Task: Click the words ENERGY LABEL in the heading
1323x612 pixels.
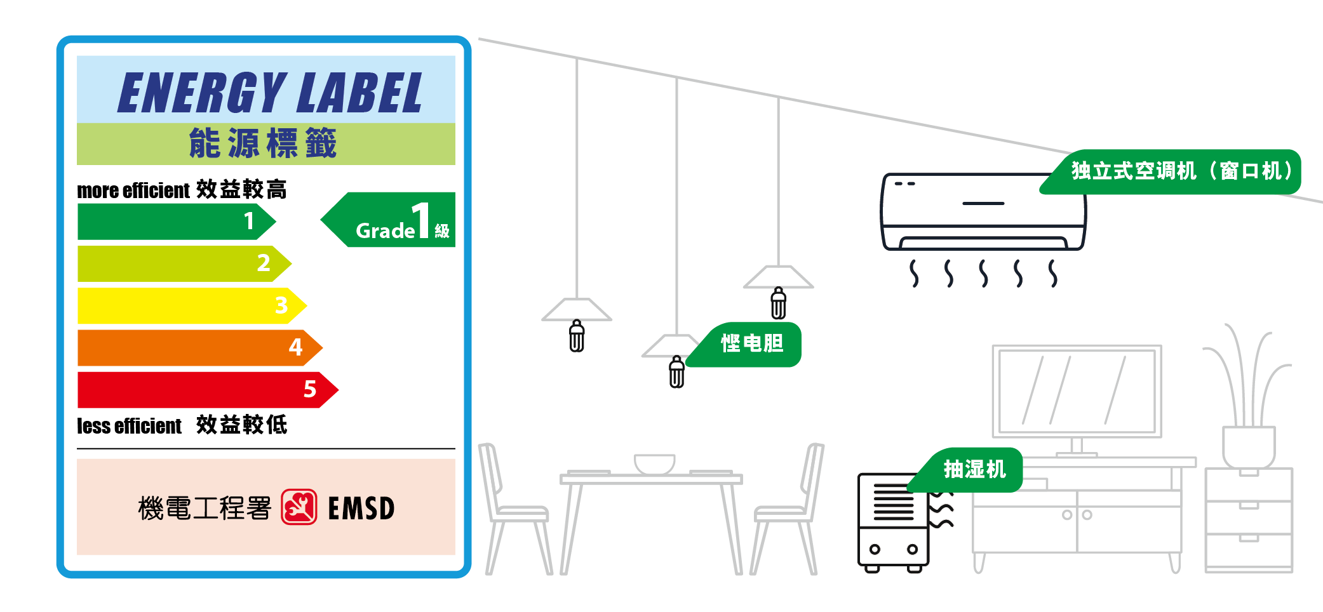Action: click(x=269, y=93)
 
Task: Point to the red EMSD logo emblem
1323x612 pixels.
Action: click(x=299, y=507)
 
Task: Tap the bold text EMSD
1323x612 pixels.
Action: click(x=361, y=509)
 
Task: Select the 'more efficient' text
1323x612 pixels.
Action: click(x=133, y=190)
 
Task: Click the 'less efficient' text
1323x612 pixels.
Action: click(x=129, y=426)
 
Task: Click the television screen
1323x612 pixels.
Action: click(x=1077, y=390)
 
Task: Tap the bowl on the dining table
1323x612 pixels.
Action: click(x=654, y=463)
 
